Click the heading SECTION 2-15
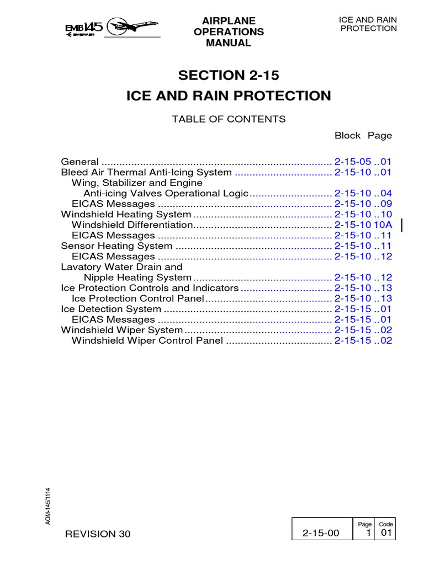228,75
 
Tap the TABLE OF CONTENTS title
229,119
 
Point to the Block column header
347,135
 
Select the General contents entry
80,162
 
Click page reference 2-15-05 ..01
363,162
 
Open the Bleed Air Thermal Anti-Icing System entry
146,172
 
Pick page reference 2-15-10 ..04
363,193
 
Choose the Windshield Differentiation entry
132,225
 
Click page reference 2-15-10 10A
363,225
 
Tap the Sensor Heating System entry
116,246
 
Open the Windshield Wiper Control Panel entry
147,340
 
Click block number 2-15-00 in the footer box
318,533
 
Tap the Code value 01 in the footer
385,533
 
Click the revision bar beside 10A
401,225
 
